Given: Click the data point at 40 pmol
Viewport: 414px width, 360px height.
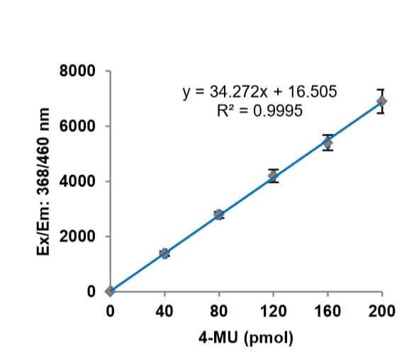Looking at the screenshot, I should (x=164, y=253).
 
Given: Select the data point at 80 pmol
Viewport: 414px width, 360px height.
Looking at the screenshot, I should (x=219, y=214).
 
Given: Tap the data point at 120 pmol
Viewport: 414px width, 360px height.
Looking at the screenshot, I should (x=273, y=175).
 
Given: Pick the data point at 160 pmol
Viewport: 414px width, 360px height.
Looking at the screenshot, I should (x=328, y=143).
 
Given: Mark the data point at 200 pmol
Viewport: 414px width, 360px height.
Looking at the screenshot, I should (x=381, y=101).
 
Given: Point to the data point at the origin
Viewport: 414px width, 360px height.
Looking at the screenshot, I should (x=110, y=291).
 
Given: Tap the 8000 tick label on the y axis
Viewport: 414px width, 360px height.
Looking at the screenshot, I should (x=78, y=72).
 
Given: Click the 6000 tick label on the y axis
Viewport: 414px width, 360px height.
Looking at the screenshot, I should (x=78, y=126).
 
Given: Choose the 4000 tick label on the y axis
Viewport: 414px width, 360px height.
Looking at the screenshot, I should (x=78, y=181).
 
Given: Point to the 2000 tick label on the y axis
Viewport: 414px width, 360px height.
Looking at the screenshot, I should (x=78, y=236).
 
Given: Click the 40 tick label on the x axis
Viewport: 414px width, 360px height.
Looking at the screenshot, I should (x=164, y=310).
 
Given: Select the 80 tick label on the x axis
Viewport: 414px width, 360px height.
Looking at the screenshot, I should (x=219, y=310).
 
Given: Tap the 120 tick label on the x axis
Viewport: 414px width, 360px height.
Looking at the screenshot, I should (x=273, y=310).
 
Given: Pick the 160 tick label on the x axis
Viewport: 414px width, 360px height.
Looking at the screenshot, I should (x=328, y=310).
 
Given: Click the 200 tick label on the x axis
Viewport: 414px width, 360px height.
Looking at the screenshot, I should (x=381, y=310).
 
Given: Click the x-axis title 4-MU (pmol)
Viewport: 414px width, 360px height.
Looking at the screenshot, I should (x=246, y=337).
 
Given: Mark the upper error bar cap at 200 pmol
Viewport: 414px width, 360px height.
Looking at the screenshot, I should (x=381, y=90).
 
